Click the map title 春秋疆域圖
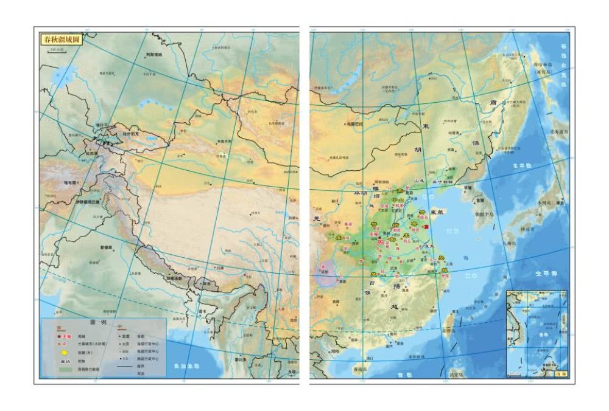click(x=62, y=40)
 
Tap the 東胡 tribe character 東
click(x=426, y=126)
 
